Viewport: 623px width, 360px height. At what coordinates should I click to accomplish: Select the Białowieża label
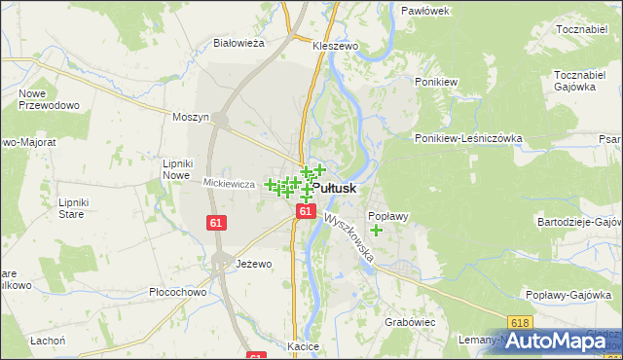coord(239,43)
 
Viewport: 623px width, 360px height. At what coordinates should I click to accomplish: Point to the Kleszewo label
coord(336,46)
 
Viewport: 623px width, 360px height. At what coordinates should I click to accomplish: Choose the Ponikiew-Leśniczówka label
coord(468,138)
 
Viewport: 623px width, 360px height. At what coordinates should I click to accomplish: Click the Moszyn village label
coord(191,117)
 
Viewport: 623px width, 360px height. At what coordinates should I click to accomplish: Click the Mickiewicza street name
coord(229,183)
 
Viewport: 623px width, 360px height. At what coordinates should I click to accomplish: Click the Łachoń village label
coord(47,341)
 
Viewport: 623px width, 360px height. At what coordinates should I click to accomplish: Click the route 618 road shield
coord(520,322)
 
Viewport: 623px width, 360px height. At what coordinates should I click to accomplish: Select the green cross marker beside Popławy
coord(377,231)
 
